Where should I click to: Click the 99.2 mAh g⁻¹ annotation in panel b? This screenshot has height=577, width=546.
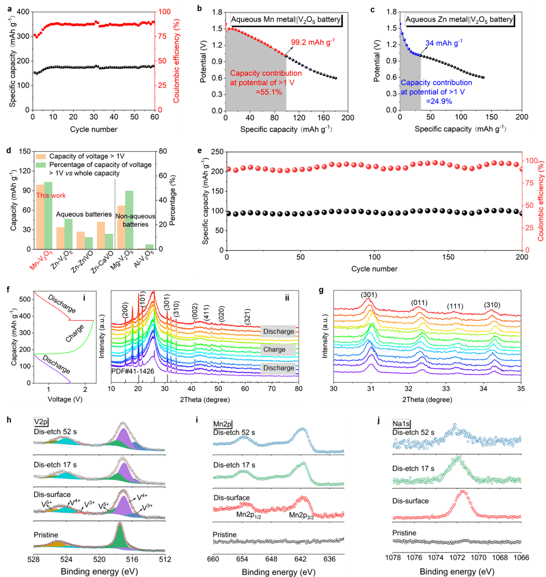point(312,42)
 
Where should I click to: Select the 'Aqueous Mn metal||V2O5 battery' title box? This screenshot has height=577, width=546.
point(286,20)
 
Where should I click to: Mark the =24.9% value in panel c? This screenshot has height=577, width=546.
point(438,101)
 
